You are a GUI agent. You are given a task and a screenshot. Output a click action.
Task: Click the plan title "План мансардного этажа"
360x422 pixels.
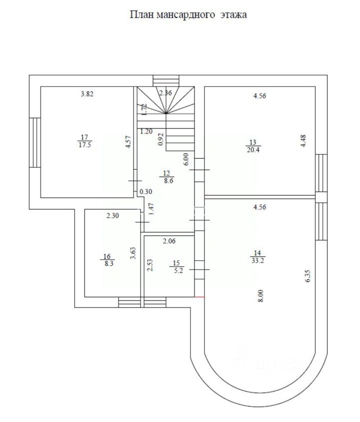pos(188,15)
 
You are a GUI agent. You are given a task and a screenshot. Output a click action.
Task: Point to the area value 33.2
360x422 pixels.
pos(257,260)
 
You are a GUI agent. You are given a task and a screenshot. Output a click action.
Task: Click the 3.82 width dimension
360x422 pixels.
pos(88,94)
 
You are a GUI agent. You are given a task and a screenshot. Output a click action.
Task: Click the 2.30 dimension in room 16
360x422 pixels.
pos(114,215)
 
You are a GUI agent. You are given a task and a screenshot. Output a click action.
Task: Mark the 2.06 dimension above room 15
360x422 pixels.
pos(169,241)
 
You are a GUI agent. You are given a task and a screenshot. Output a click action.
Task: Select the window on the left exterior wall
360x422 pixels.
pos(34,142)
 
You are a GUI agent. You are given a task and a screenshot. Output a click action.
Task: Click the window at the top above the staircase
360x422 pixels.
pos(166,81)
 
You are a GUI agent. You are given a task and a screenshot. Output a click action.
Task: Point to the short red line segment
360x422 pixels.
pos(199,297)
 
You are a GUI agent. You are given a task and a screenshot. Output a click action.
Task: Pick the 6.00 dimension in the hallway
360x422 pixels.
pos(186,158)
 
